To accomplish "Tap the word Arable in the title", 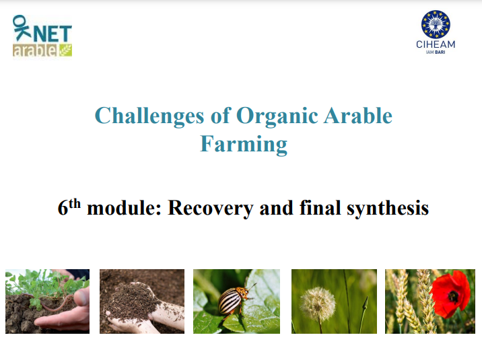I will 357,116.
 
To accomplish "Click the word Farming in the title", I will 243,143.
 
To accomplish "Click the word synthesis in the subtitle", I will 387,208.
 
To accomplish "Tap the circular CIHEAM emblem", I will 436,24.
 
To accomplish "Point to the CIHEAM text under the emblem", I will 436,44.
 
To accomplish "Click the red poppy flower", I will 450,294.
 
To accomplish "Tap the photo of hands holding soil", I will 141,301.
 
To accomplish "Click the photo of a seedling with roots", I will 47,301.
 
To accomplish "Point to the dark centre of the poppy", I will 453,296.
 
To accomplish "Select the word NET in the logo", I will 53,33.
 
